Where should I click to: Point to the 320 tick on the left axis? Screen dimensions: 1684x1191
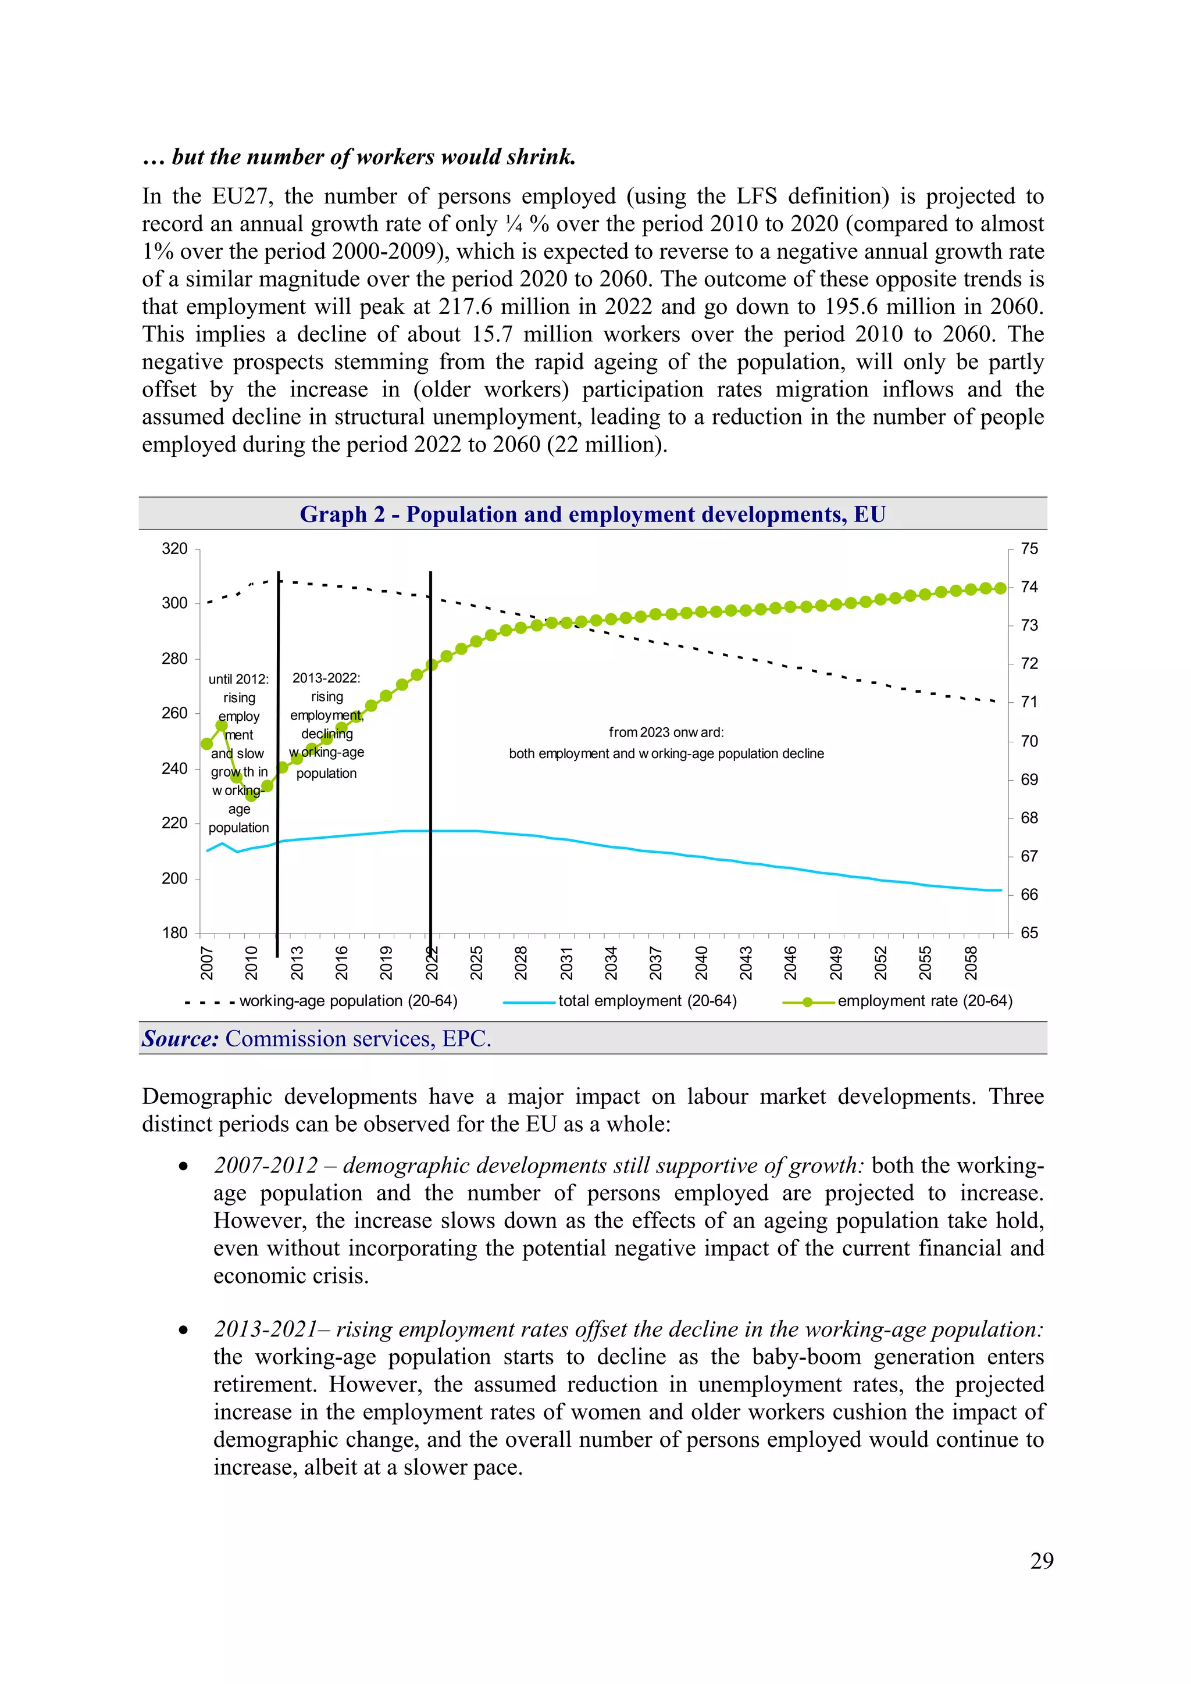click(174, 549)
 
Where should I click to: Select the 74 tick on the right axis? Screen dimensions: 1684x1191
click(1029, 587)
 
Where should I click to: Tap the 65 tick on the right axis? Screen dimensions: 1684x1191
click(1029, 933)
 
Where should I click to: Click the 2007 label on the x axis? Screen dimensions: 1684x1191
click(207, 963)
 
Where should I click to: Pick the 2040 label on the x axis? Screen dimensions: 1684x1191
click(701, 963)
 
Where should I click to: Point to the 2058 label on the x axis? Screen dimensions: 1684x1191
click(971, 963)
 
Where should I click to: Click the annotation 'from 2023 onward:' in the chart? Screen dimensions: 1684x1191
click(666, 732)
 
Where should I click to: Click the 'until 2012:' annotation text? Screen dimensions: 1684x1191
click(238, 679)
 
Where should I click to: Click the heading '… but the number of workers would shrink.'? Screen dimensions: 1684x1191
click(359, 157)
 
